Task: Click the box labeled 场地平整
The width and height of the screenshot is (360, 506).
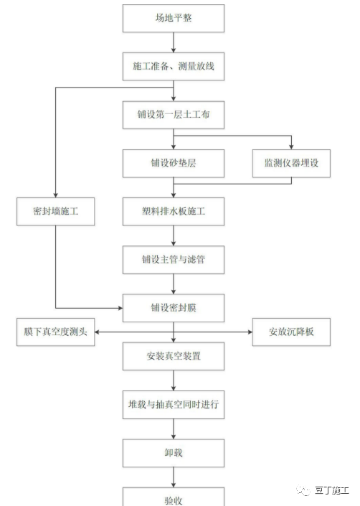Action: tap(174, 18)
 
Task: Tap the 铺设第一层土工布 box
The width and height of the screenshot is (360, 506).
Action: tap(174, 114)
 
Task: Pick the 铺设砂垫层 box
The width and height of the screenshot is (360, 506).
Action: tap(174, 163)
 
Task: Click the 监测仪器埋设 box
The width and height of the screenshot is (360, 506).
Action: tap(291, 163)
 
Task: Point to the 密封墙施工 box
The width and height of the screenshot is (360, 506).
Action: tap(55, 211)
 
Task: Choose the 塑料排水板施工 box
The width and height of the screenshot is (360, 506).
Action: tap(174, 211)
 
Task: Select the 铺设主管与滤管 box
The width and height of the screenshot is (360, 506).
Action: tap(174, 259)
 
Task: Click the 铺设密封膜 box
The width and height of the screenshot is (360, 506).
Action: tap(174, 307)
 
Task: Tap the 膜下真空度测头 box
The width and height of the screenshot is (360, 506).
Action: tap(55, 332)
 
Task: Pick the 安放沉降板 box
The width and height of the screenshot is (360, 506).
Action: tap(291, 332)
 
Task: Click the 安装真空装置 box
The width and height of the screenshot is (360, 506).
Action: tap(174, 356)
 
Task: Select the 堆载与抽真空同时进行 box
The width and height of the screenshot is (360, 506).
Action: tap(174, 405)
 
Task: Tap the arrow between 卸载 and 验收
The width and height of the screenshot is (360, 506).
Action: tap(174, 478)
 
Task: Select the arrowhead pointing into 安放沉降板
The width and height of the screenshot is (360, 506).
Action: tap(249, 332)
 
